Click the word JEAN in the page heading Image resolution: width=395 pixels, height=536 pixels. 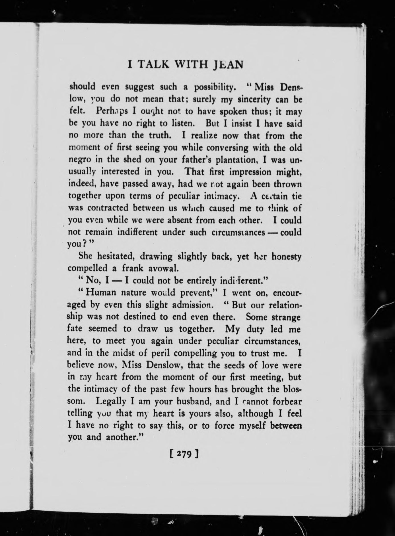227,65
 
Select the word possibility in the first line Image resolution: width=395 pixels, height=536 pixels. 214,87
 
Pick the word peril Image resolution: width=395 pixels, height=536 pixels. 161,353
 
